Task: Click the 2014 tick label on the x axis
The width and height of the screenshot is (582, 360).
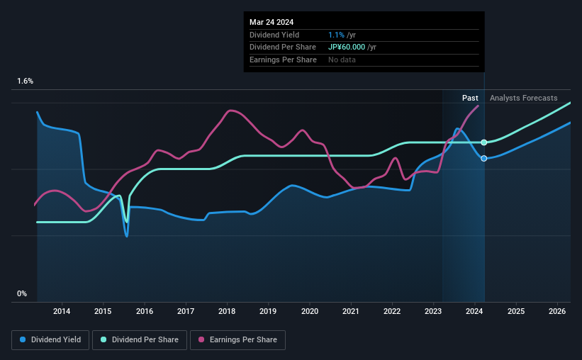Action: [x=62, y=311]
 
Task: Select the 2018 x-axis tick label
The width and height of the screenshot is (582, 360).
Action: [x=227, y=311]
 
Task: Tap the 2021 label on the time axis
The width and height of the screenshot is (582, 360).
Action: [x=351, y=311]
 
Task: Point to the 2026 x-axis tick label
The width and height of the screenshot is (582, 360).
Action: [x=558, y=311]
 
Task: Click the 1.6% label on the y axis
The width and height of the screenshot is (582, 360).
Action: [x=26, y=81]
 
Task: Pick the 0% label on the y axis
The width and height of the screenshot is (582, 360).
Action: [x=22, y=293]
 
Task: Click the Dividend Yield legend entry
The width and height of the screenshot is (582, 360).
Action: [x=50, y=340]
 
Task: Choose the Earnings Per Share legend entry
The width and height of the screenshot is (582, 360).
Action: [x=238, y=340]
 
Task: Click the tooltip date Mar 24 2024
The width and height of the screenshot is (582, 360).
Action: [x=271, y=21]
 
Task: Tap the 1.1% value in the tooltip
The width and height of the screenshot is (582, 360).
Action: [x=336, y=35]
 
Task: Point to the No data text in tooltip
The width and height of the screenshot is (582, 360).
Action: [x=342, y=60]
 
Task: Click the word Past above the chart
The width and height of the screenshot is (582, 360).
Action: [x=470, y=98]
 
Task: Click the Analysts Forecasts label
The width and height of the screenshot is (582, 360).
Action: [x=523, y=98]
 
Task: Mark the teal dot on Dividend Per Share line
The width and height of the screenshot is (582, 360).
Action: [x=484, y=142]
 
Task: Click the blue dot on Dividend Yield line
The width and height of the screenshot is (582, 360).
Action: [x=484, y=158]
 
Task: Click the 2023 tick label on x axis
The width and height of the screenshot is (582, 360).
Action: [x=434, y=311]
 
